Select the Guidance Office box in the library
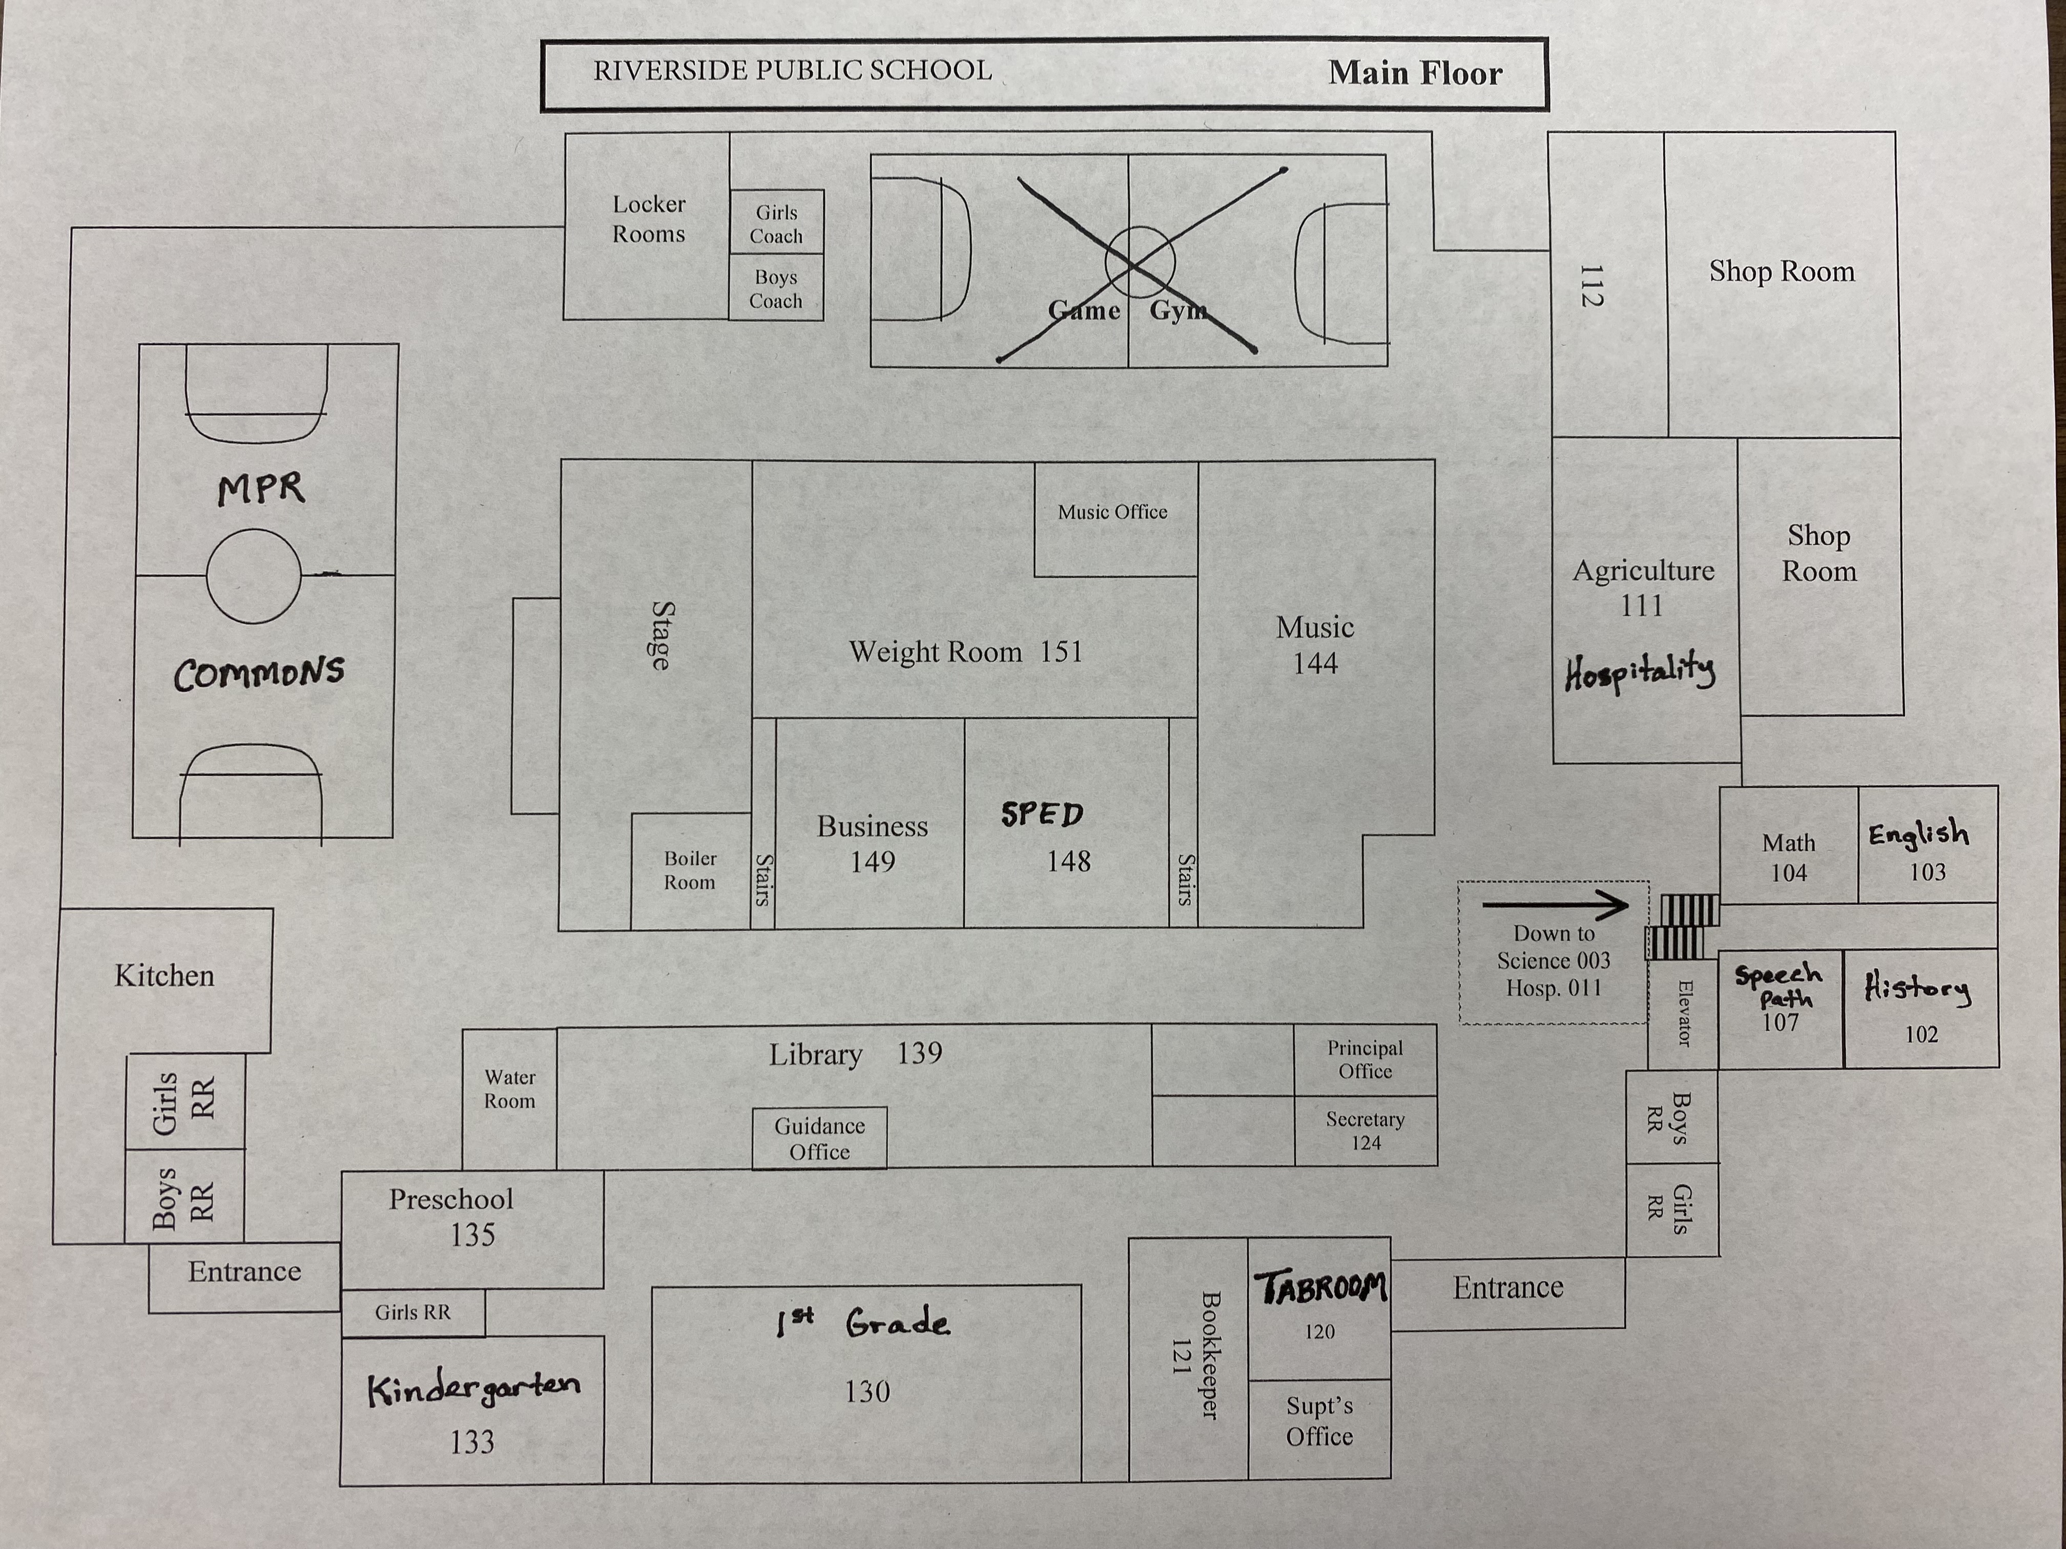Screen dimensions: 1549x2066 819,1138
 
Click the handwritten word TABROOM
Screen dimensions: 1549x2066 1320,1288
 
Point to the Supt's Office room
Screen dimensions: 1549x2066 1319,1421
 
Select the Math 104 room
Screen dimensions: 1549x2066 1788,857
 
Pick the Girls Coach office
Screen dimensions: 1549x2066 776,224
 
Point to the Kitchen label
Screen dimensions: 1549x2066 164,976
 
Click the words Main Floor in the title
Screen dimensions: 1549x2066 1415,73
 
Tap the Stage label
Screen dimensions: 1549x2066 660,635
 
